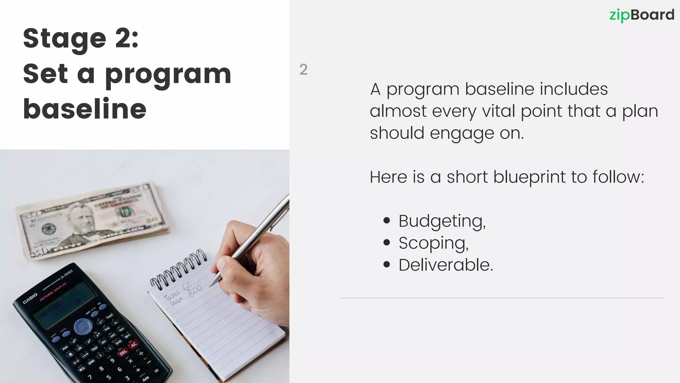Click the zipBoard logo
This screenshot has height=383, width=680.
641,15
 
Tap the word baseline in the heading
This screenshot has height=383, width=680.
85,109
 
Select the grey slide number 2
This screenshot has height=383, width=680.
303,69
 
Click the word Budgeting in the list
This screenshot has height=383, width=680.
442,221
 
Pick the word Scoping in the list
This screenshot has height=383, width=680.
433,243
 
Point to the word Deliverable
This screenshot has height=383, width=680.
446,265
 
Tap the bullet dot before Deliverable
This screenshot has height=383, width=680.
386,265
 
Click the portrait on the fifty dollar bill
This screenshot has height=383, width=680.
81,219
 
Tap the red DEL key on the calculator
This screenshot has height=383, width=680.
123,352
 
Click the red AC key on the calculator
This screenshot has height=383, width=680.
134,345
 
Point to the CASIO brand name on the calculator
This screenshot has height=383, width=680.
30,298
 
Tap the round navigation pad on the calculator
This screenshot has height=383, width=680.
82,326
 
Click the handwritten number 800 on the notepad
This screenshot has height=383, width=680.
195,290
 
